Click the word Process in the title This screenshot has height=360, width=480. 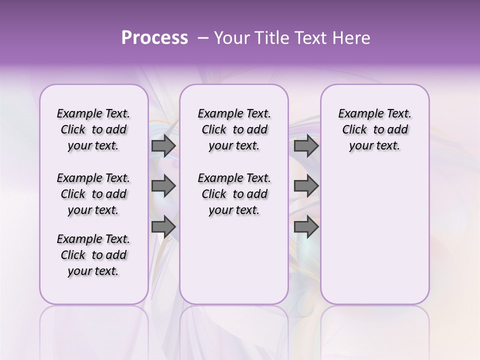[154, 38]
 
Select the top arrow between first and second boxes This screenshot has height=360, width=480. [163, 146]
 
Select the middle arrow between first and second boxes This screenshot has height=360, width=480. [163, 186]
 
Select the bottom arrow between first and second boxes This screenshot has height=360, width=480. [163, 226]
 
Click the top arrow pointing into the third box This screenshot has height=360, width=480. [306, 146]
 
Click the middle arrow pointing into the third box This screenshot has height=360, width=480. [306, 186]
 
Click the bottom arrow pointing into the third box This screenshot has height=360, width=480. [306, 226]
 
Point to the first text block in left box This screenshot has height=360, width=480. [93, 129]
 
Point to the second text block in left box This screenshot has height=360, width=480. [93, 194]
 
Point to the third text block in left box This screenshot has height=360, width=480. [93, 255]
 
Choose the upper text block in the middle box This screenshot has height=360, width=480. [234, 129]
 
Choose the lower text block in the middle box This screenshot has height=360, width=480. [234, 194]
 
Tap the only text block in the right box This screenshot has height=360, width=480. [374, 129]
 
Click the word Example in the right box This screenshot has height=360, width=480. [358, 114]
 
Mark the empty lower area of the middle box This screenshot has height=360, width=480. [234, 260]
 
